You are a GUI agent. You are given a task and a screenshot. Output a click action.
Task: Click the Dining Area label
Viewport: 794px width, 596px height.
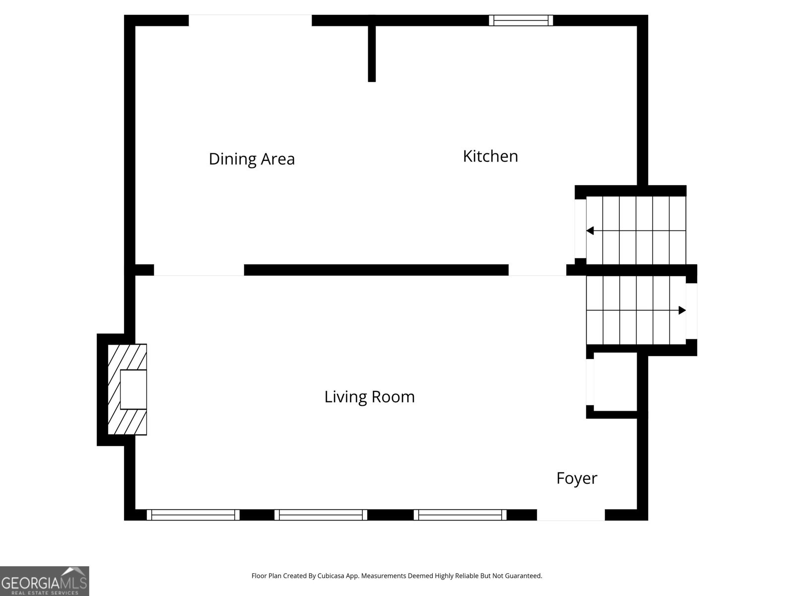tap(252, 159)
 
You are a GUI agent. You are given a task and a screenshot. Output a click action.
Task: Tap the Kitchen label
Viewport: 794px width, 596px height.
tap(490, 156)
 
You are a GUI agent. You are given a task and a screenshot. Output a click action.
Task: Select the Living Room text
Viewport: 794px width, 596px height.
tap(369, 397)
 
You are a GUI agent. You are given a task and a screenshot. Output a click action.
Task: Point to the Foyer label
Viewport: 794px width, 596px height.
tap(577, 478)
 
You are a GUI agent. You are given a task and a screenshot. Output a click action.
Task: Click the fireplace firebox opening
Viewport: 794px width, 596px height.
tap(133, 389)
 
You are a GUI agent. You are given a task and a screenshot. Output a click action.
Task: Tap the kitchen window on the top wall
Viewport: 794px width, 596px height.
tap(521, 20)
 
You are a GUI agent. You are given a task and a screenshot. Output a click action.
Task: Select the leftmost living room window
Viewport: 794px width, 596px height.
tap(193, 515)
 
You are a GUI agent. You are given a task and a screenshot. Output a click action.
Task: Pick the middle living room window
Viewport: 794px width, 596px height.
tap(321, 515)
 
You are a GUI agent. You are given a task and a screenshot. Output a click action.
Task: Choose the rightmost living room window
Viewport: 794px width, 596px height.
tap(460, 515)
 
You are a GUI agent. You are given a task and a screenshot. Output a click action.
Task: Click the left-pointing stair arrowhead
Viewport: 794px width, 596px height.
tap(590, 230)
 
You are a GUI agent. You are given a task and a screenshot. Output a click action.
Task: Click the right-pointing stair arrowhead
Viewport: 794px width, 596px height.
tap(682, 310)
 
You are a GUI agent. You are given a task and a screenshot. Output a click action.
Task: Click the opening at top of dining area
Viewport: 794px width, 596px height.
tap(250, 20)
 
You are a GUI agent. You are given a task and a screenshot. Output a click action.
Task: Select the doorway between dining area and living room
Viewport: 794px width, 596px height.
tap(198, 270)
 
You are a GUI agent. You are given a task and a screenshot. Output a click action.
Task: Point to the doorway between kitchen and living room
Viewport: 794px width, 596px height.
tap(537, 270)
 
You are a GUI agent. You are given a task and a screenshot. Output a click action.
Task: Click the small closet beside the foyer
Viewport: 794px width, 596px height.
tap(615, 382)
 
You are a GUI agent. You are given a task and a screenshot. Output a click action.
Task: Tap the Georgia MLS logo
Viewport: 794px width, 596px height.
tap(44, 581)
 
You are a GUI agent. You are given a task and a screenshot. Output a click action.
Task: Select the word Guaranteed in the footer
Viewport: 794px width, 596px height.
tap(523, 576)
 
